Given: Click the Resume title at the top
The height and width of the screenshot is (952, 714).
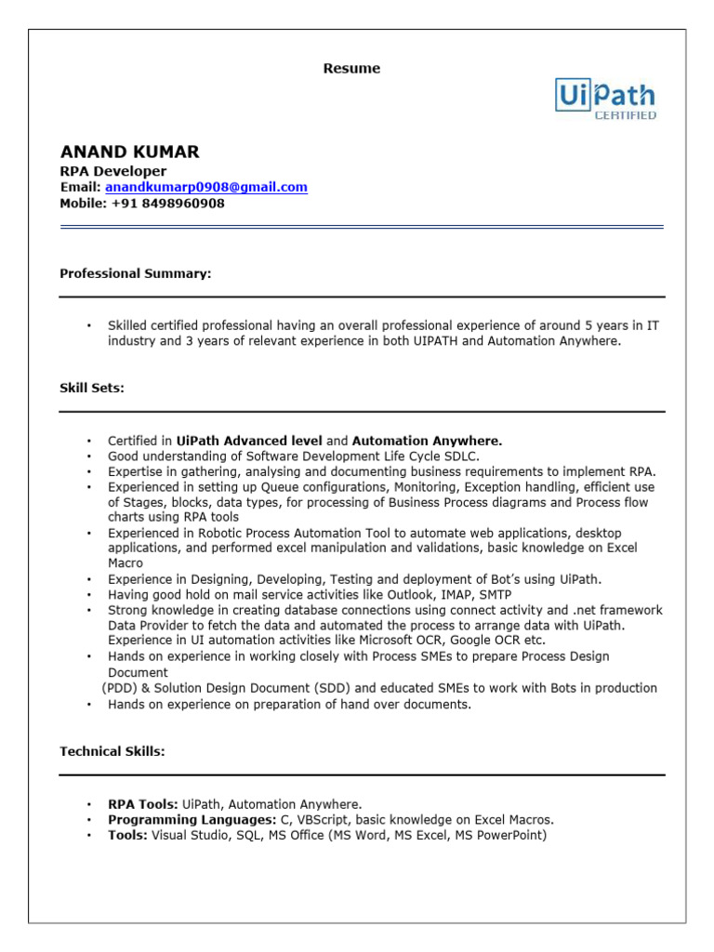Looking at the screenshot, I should (351, 69).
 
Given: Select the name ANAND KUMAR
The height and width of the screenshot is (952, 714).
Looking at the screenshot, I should (129, 152).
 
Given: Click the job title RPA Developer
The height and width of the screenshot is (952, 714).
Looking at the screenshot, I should (112, 171).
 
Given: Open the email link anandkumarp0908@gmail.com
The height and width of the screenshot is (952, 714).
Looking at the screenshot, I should (205, 187).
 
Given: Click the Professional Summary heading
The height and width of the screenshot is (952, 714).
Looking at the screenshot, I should (136, 273).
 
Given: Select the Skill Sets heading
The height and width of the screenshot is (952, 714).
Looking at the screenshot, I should (92, 389).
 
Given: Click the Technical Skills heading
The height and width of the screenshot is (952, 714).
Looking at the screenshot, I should (112, 751).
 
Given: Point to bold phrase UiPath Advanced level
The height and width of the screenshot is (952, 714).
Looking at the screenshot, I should (249, 441).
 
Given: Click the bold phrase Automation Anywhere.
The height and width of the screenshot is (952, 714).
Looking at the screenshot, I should (427, 441).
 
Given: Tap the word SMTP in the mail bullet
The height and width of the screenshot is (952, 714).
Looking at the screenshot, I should (496, 594).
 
